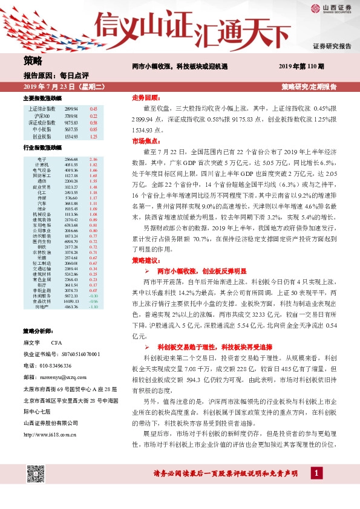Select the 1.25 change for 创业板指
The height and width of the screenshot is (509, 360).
pyautogui.click(x=93, y=137)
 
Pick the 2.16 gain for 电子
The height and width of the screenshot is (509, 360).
pyautogui.click(x=93, y=159)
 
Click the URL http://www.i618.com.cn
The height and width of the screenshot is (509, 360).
pyautogui.click(x=49, y=433)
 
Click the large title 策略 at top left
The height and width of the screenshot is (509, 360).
pyautogui.click(x=33, y=60)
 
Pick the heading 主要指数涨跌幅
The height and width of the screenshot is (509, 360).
pyautogui.click(x=42, y=98)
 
